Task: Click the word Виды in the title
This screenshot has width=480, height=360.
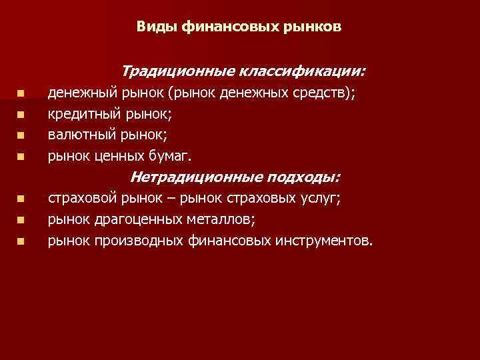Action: tap(153, 27)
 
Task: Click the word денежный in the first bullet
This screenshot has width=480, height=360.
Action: tap(77, 93)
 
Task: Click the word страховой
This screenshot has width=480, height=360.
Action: tap(82, 198)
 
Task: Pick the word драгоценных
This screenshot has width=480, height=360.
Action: tap(134, 219)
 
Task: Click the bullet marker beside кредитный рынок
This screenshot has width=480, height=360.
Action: tap(21, 115)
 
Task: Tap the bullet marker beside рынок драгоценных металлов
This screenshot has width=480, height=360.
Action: tap(21, 219)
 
